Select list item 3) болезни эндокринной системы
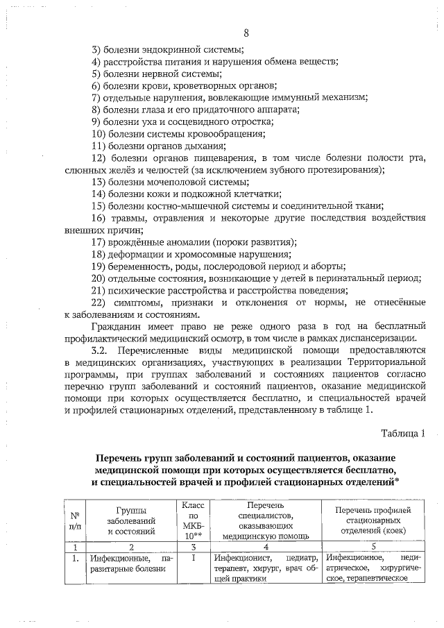click(167, 50)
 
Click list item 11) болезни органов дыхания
click(159, 146)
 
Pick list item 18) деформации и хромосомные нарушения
click(191, 254)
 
